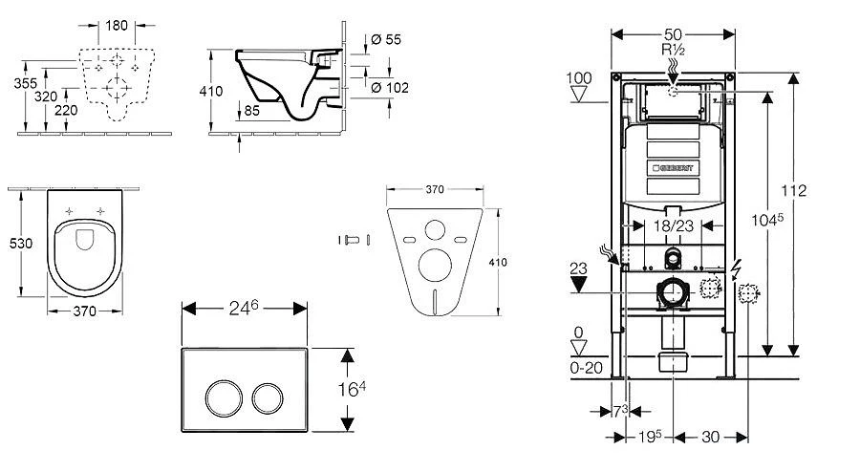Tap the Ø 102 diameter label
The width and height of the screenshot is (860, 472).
[x=389, y=88]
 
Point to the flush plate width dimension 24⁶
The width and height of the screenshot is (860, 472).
[x=245, y=310]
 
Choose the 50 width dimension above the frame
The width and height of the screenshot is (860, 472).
[x=673, y=34]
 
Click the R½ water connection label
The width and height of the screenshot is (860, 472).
[x=673, y=48]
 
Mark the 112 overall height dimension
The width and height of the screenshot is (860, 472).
[x=795, y=191]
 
